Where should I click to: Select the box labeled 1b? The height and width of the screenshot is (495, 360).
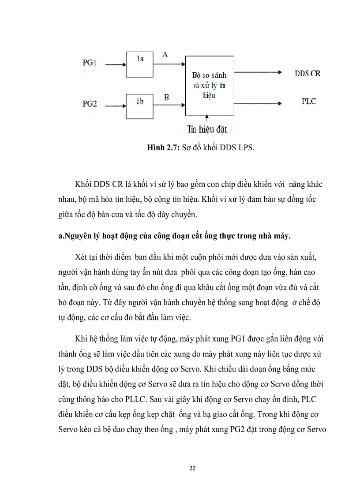pos(139,106)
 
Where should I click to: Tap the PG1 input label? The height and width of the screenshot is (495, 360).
pos(90,62)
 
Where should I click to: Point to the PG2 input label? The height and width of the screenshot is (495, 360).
pos(90,104)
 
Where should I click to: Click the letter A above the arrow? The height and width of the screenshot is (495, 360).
pos(165,55)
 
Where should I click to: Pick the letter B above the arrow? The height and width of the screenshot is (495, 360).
pos(166,97)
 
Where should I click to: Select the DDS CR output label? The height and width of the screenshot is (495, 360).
pos(307,74)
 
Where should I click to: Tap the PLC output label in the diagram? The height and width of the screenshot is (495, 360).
pos(309,102)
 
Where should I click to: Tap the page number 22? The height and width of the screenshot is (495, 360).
pos(192,468)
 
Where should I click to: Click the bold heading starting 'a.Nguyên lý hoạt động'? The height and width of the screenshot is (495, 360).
pos(174,237)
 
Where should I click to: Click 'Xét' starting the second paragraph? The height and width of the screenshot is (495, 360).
pos(83,257)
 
